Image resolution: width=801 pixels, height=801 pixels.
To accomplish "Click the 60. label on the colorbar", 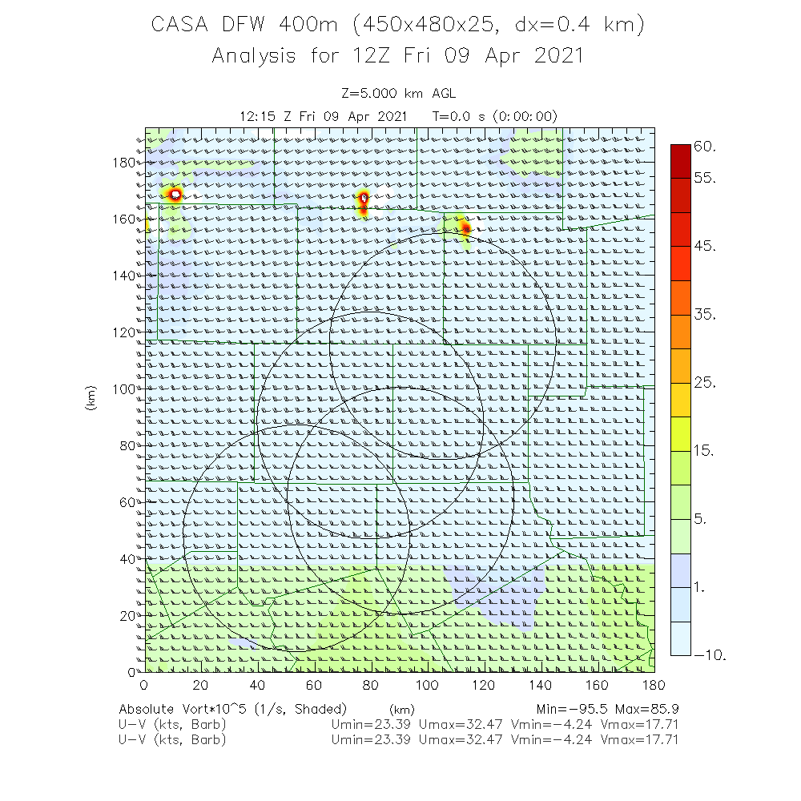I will pyautogui.click(x=706, y=147).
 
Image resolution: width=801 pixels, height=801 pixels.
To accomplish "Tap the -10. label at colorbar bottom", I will pyautogui.click(x=710, y=655).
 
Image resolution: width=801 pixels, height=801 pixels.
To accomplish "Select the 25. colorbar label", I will pyautogui.click(x=705, y=383).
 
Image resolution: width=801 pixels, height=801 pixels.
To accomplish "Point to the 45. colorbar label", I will pyautogui.click(x=705, y=246).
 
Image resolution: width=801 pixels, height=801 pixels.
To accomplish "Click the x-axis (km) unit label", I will pyautogui.click(x=400, y=710).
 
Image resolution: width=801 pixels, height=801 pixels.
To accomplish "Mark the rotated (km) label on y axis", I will pyautogui.click(x=91, y=399).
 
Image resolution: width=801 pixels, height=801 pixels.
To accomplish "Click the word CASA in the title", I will pyautogui.click(x=181, y=25).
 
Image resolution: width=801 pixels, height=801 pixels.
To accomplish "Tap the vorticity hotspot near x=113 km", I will pyautogui.click(x=465, y=229).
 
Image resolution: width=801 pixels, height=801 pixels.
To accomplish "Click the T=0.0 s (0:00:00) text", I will pyautogui.click(x=495, y=116).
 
